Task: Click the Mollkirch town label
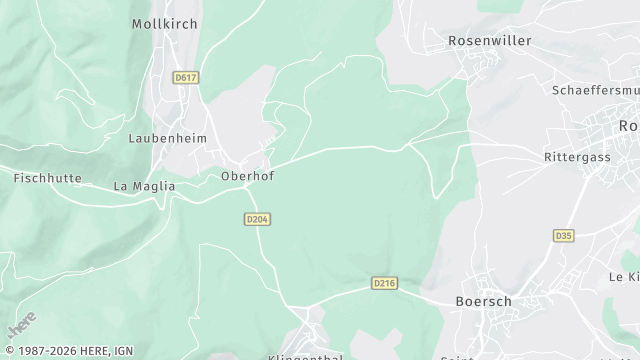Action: [164, 23]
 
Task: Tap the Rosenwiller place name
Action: [489, 41]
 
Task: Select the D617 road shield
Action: [184, 76]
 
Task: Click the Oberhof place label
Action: [247, 176]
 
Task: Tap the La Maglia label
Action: [144, 186]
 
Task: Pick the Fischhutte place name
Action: [46, 178]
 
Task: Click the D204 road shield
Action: [256, 219]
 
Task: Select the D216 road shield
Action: [384, 284]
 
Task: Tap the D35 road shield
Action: [563, 236]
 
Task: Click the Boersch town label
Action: [483, 301]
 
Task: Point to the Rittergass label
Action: [576, 158]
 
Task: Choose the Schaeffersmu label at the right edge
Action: [595, 90]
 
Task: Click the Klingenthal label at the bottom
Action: [305, 356]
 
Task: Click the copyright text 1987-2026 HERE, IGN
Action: [68, 351]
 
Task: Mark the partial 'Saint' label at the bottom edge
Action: [457, 357]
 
